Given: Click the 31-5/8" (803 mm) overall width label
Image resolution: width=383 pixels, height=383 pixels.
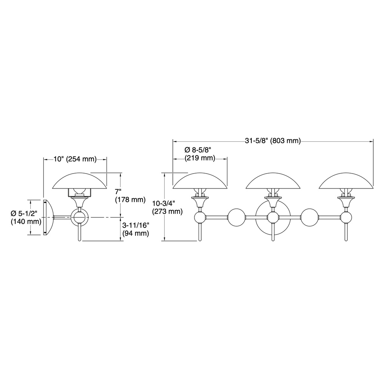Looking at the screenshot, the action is [x=273, y=141].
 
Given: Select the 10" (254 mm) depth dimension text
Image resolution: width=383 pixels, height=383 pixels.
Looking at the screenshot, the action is [x=75, y=159].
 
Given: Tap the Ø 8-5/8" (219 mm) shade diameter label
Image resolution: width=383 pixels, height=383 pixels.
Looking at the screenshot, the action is [x=200, y=154].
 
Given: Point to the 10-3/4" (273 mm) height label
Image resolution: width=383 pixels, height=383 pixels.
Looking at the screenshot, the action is [x=167, y=207].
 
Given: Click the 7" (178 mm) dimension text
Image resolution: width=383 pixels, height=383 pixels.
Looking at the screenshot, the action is [x=130, y=195].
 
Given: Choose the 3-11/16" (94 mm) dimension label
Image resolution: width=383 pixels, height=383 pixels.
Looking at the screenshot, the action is [x=135, y=229].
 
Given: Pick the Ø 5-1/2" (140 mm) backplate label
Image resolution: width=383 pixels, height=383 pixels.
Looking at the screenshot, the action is [x=26, y=217].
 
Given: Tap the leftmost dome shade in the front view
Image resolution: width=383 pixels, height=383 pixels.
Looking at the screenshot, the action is [x=200, y=181].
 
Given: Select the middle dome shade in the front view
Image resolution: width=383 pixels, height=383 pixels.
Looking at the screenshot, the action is [x=273, y=181].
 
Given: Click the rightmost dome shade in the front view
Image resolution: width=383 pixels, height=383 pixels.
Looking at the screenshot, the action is [x=346, y=181].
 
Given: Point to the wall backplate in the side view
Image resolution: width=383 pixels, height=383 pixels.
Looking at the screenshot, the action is [x=47, y=217].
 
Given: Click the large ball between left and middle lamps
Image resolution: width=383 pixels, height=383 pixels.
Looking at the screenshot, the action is [x=236, y=217].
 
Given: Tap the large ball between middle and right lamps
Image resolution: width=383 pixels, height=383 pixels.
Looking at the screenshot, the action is [x=310, y=217].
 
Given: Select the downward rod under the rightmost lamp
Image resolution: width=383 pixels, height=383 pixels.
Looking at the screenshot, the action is [x=346, y=232].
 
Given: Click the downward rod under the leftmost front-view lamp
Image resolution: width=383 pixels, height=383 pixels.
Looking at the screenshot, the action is [x=200, y=232].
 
